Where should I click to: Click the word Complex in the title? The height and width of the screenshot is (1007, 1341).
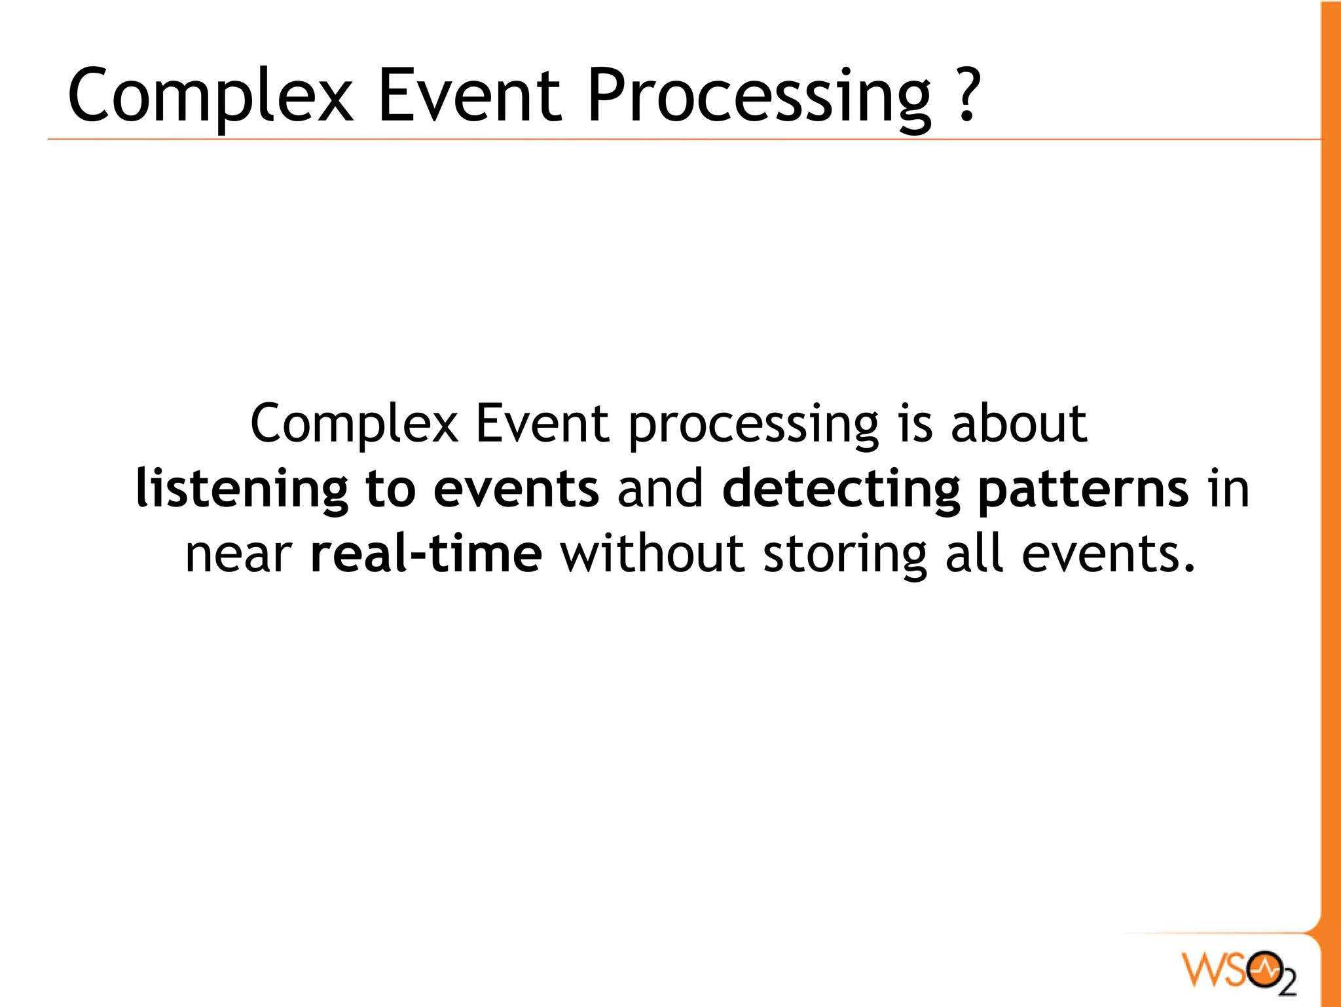(x=210, y=96)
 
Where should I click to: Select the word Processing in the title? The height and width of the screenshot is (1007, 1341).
(x=758, y=96)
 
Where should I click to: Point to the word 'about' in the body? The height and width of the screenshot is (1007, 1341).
(x=1018, y=424)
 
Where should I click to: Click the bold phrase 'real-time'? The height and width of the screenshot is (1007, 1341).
(x=426, y=554)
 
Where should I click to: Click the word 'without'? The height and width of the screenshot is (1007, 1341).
(x=652, y=554)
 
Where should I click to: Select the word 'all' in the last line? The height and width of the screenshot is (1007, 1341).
(x=974, y=554)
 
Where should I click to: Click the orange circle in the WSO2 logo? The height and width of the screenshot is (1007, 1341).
(x=1264, y=968)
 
